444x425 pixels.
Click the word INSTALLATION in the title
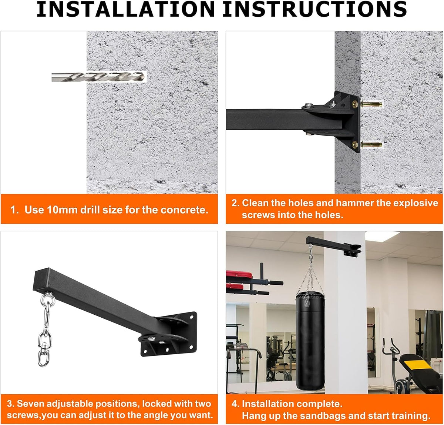[x=126, y=9]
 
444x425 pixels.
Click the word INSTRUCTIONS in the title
[x=315, y=9]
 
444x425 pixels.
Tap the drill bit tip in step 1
[x=145, y=77]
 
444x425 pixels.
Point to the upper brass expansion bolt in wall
[x=371, y=104]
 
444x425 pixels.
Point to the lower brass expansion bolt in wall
[x=371, y=144]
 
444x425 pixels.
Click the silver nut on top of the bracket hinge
[x=309, y=105]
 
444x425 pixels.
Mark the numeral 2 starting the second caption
[x=233, y=203]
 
